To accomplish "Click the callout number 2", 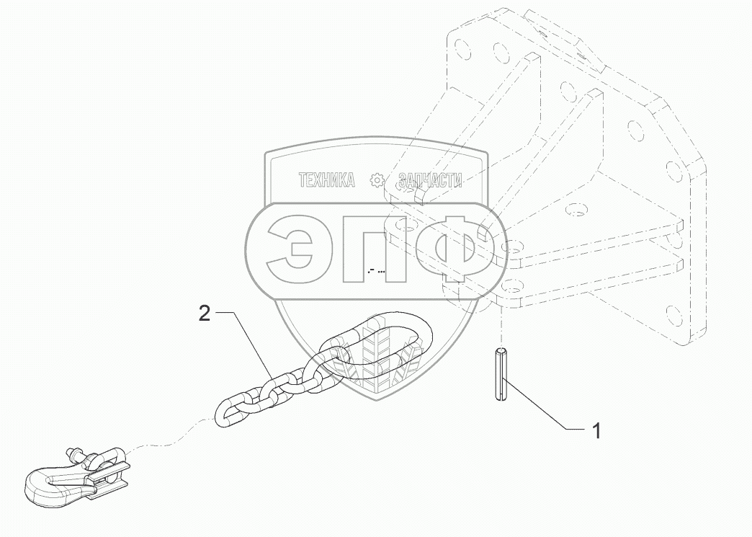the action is [x=205, y=314].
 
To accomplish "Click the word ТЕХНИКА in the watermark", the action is [x=326, y=181].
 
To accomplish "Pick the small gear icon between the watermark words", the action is [x=377, y=181].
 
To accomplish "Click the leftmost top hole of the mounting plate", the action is [x=457, y=39].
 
